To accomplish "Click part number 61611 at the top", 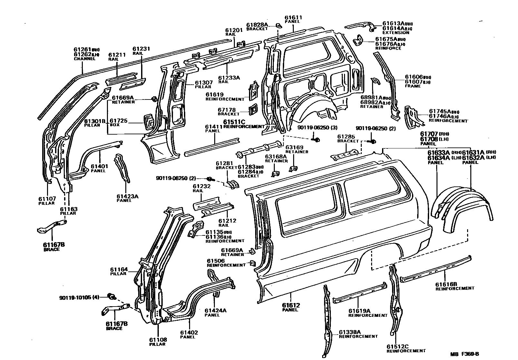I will click(293, 17).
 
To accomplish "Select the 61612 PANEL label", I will click(291, 305).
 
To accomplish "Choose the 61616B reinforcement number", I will click(446, 284).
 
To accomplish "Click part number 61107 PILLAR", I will click(47, 199).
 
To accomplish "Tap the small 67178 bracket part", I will click(252, 109).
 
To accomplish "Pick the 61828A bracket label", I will click(257, 24).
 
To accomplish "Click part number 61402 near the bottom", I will click(189, 333).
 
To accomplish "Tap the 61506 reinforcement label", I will click(216, 261).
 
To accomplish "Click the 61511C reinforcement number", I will click(234, 122).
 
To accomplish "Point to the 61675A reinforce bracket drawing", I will click(358, 42).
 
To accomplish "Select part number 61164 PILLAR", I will click(119, 270).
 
